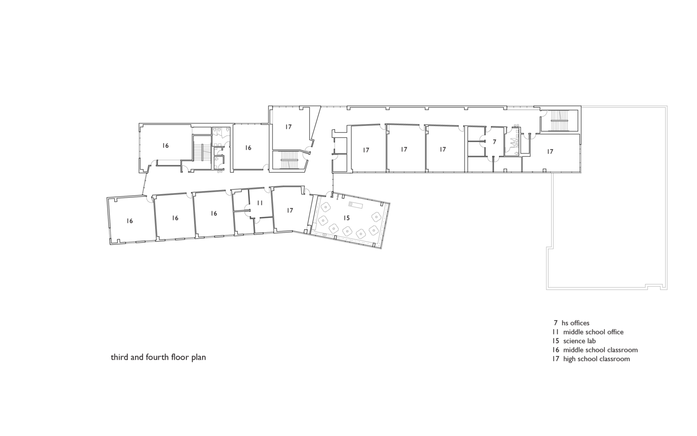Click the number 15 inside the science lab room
[x=346, y=218]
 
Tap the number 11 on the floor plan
[x=260, y=203]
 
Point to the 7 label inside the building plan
[x=494, y=142]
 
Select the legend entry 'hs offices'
[x=575, y=323]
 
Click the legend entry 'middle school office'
[x=593, y=332]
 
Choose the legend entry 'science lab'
[x=579, y=341]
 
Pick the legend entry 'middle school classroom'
[x=600, y=350]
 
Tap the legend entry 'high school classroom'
[x=596, y=359]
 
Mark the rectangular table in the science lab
[x=356, y=205]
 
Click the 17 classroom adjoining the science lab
[x=290, y=210]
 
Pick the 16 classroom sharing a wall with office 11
[x=213, y=213]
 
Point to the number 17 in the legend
[x=555, y=359]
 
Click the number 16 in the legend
[x=555, y=350]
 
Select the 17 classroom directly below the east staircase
[x=550, y=152]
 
